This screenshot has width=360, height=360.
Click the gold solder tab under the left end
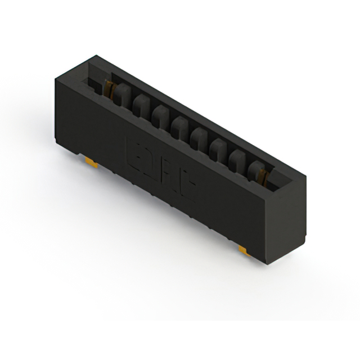pyautogui.click(x=92, y=163)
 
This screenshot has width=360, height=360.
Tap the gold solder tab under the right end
pyautogui.click(x=244, y=249)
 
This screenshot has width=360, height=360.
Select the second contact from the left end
pyautogui.click(x=141, y=103)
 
